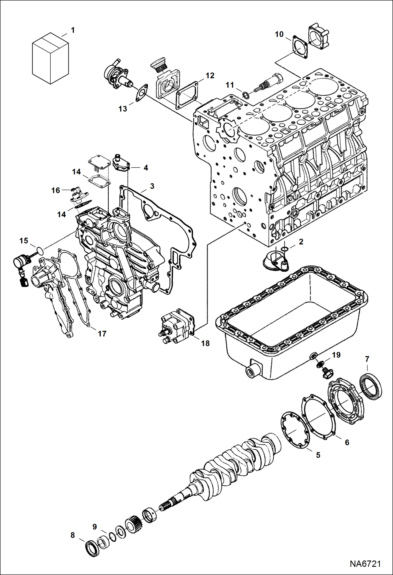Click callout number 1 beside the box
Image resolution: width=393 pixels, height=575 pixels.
73,30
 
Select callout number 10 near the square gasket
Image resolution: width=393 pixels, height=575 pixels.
279,34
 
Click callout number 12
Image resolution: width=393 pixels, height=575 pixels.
210,76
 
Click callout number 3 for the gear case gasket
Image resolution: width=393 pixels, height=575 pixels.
152,186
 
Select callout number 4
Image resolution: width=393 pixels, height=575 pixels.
146,168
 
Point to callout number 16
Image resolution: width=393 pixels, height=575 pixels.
56,190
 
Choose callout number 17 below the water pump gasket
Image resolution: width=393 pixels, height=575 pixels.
102,334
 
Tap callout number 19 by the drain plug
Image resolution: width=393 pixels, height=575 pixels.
336,355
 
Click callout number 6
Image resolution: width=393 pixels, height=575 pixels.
347,442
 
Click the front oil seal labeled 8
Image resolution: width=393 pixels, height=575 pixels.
92,548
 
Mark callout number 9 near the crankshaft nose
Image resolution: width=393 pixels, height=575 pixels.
94,526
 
